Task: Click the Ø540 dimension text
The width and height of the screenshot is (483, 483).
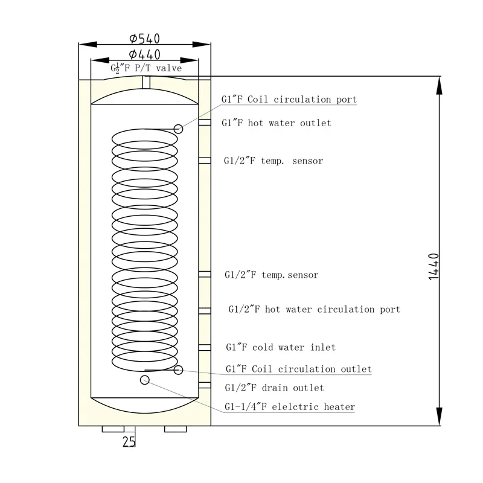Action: click(145, 39)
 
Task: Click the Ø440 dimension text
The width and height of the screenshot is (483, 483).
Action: click(145, 54)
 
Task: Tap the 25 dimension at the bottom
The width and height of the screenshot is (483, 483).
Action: click(129, 441)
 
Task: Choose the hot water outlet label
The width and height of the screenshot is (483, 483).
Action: click(277, 123)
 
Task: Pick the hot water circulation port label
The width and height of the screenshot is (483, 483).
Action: click(314, 309)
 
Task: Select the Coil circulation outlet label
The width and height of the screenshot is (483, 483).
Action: click(298, 369)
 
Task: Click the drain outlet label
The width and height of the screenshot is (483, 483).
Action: click(274, 388)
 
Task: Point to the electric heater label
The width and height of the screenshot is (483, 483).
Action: click(290, 407)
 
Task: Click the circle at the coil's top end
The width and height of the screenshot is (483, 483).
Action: click(178, 128)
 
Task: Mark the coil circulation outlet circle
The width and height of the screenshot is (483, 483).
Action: click(178, 369)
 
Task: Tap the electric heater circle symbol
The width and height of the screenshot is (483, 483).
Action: click(144, 379)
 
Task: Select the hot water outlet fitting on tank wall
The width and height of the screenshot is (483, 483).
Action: click(205, 123)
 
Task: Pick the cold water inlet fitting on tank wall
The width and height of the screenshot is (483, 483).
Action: click(205, 347)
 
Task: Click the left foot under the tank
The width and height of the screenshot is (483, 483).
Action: click(113, 429)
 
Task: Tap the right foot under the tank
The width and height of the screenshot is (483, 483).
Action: click(176, 429)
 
